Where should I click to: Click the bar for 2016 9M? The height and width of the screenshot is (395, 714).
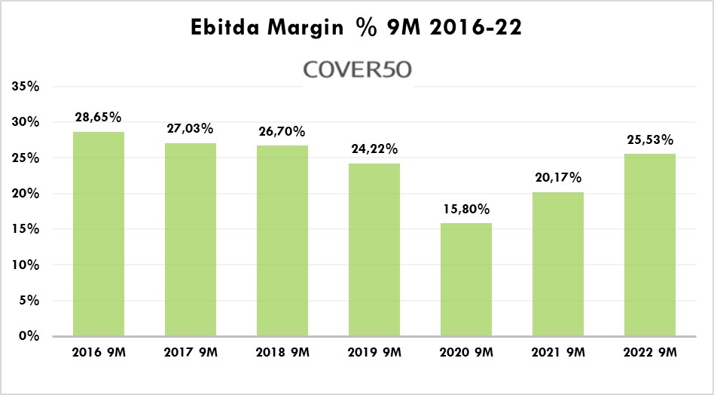(98, 234)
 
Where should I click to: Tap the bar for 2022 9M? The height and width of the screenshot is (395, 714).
(650, 245)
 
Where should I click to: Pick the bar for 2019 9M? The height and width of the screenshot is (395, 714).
(374, 250)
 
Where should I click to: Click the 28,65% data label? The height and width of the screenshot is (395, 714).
(98, 118)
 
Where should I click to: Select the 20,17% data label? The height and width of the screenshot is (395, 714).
(558, 178)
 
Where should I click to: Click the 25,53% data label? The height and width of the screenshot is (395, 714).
(650, 139)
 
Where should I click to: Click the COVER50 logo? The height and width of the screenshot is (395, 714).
(357, 69)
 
